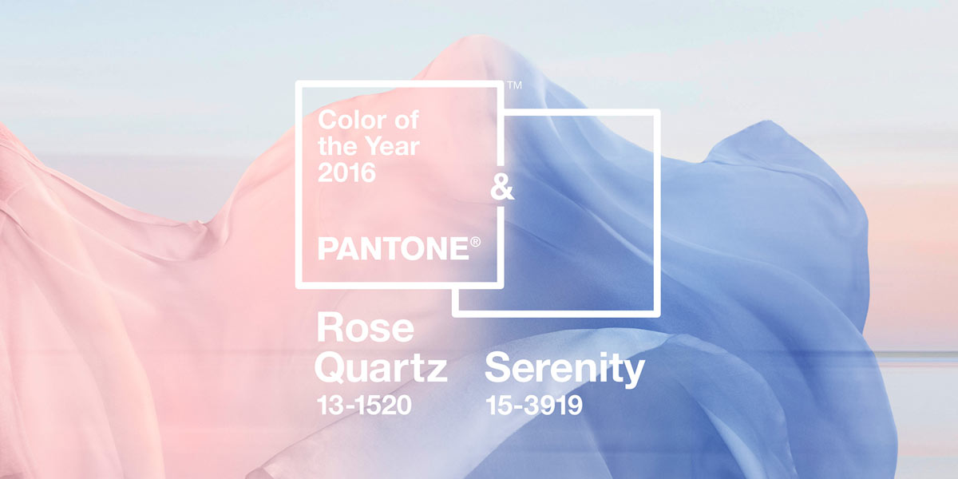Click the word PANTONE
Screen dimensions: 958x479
(x=394, y=249)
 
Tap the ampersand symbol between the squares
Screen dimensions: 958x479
(x=502, y=188)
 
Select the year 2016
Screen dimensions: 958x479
(x=346, y=172)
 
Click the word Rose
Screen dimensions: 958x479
(x=366, y=327)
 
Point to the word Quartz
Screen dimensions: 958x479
(x=381, y=368)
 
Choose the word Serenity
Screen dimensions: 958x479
(x=564, y=369)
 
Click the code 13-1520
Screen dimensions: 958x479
(x=364, y=405)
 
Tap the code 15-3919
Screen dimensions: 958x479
(x=534, y=405)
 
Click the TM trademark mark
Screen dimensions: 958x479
(x=515, y=85)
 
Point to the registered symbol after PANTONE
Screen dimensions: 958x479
(x=475, y=242)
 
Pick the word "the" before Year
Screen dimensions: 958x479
(x=339, y=146)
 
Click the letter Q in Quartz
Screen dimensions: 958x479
(x=331, y=369)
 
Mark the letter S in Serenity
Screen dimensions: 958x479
(x=498, y=368)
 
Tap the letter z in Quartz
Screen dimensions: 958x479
(x=435, y=371)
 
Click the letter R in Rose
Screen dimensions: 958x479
(x=331, y=327)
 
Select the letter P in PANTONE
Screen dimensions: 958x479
(x=327, y=249)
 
